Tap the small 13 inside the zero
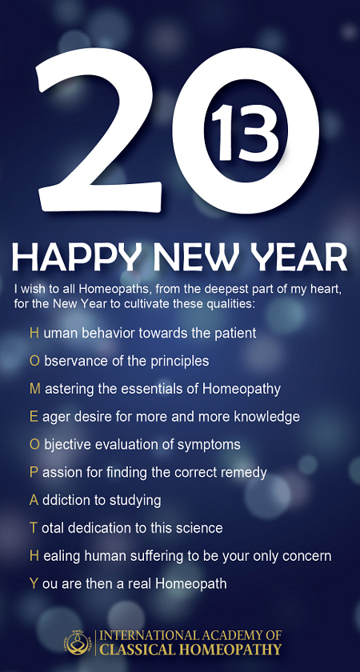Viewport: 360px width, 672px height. (245, 133)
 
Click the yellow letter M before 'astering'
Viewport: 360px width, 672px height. (35, 389)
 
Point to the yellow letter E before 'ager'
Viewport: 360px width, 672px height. (34, 416)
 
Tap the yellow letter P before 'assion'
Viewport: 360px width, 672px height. (34, 472)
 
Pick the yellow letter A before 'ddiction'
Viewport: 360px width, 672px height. (34, 500)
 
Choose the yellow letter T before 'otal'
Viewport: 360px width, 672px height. (34, 527)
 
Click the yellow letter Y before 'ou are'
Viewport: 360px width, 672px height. (34, 583)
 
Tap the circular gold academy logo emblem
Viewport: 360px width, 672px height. (78, 642)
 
